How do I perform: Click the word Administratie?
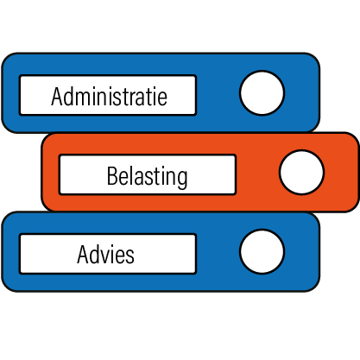tap(109, 96)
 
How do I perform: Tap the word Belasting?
tap(147, 177)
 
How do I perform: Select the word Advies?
tap(105, 255)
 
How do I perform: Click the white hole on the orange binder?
tap(301, 173)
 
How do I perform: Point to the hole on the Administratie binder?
tap(262, 92)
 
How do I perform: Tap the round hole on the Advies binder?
tap(262, 251)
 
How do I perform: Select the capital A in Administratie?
tap(57, 96)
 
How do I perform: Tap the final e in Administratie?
tap(162, 98)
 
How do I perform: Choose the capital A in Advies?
tap(83, 255)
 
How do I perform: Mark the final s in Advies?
tap(129, 256)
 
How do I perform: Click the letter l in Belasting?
tap(130, 175)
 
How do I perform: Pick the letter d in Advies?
tap(95, 255)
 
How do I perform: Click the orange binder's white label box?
tap(148, 174)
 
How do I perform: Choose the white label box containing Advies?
tap(108, 254)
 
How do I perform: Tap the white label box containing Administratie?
tap(108, 95)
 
